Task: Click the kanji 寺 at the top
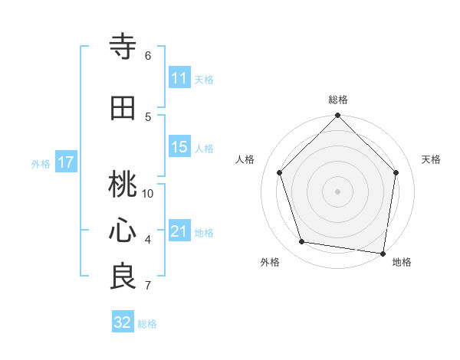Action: (123, 47)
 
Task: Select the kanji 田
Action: (123, 108)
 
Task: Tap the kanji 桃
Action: (123, 184)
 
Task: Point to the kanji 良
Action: (123, 277)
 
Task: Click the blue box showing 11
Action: (179, 79)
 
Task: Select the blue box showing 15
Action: (179, 147)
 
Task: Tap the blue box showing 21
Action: (179, 231)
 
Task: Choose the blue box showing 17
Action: (65, 162)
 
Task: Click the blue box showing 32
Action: (123, 322)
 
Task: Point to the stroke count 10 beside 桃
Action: (148, 194)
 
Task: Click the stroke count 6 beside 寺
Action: (148, 56)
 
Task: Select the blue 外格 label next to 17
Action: (41, 163)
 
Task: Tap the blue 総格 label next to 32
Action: (147, 324)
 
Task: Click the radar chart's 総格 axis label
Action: (338, 100)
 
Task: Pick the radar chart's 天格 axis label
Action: (432, 159)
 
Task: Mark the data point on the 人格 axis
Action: (280, 172)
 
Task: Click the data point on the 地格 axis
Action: (383, 253)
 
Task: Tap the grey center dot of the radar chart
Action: (338, 191)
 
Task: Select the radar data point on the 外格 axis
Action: (302, 242)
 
